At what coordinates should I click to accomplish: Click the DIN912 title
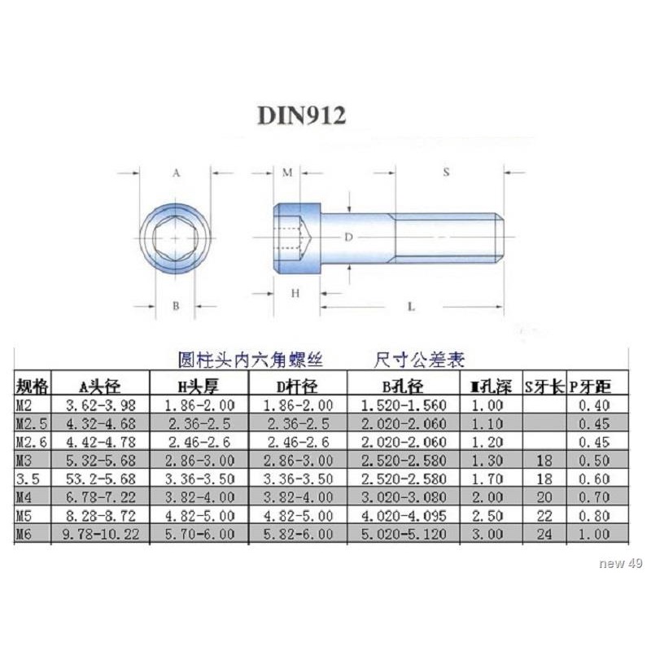pos(302,116)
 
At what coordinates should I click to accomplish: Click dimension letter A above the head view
pos(176,173)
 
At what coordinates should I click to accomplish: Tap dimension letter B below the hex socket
pos(176,306)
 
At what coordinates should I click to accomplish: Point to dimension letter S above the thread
pos(446,172)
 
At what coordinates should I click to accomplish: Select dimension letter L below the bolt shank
pos(412,307)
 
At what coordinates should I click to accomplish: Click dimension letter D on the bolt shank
pos(347,237)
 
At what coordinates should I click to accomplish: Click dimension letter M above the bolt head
pos(287,173)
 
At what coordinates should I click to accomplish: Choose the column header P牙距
pos(590,385)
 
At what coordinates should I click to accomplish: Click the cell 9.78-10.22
pos(101,533)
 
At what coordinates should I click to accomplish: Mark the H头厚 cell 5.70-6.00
pos(199,533)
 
